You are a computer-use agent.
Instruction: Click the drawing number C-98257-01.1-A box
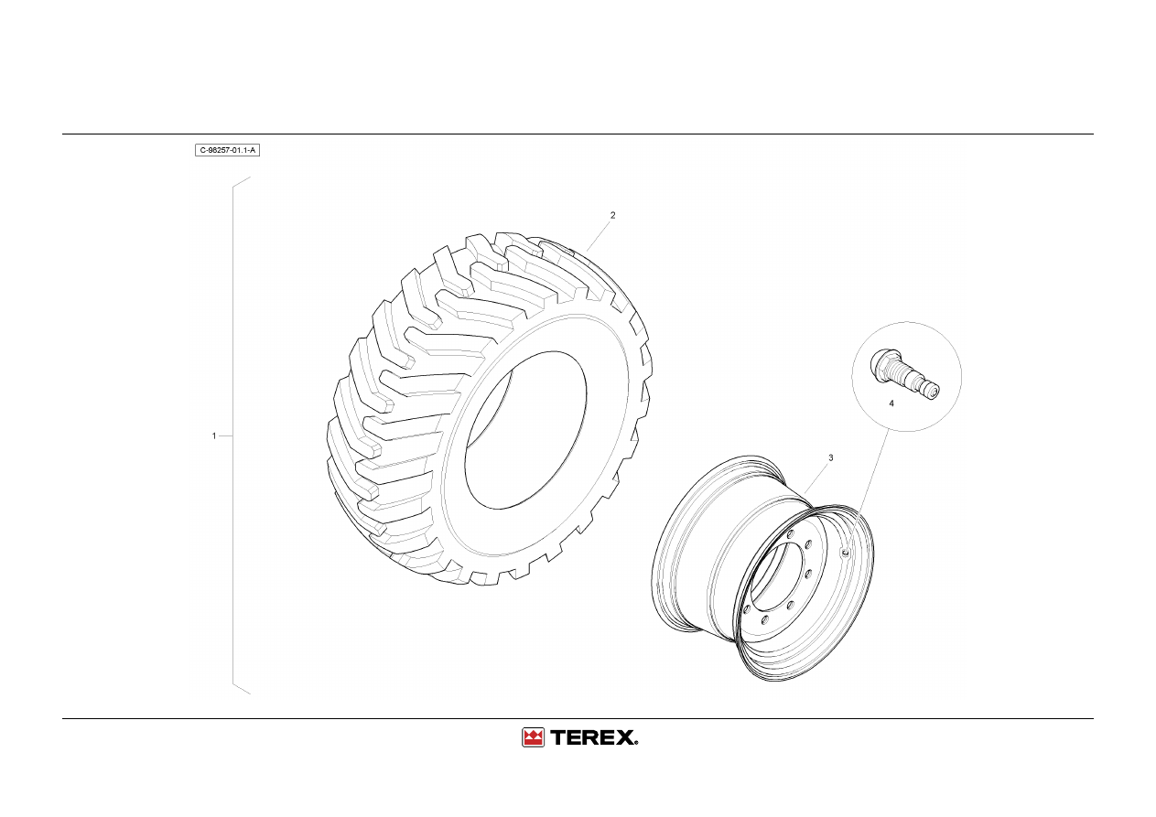[x=227, y=150]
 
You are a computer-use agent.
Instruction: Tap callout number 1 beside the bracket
[x=214, y=435]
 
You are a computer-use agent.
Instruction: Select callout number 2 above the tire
[x=612, y=216]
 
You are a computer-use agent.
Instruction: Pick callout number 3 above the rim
[x=830, y=457]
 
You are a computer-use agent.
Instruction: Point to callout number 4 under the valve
[x=891, y=403]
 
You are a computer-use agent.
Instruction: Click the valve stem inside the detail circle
[x=904, y=374]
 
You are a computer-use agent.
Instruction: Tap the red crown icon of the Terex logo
[x=533, y=737]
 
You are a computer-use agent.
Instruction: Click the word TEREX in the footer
[x=593, y=737]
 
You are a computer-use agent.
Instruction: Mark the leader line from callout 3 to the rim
[x=816, y=478]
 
